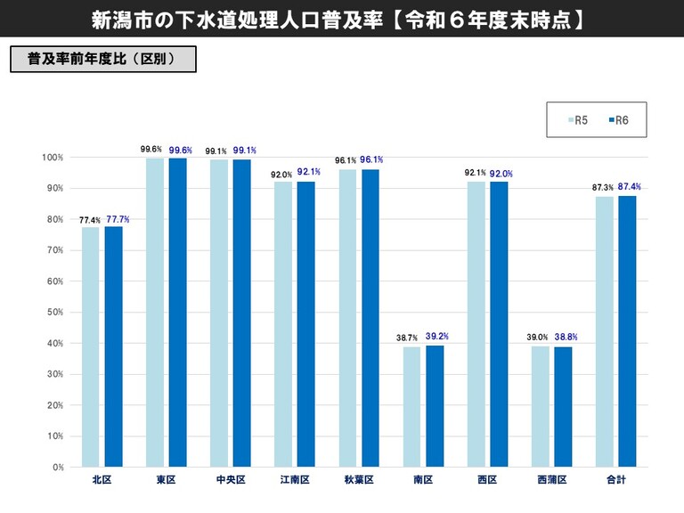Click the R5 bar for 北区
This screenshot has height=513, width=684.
tap(91, 346)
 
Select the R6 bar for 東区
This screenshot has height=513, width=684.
tap(177, 312)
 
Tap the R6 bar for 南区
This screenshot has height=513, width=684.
tap(434, 405)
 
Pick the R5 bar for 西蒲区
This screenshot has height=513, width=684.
tap(540, 406)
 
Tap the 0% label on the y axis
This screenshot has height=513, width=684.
tap(56, 467)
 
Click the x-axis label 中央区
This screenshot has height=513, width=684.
tap(230, 480)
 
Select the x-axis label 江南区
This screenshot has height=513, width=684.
tap(294, 480)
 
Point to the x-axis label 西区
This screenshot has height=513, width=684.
tap(486, 480)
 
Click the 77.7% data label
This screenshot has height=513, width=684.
tap(118, 218)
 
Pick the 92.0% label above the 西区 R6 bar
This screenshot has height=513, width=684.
tap(501, 174)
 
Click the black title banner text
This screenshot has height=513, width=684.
tap(342, 20)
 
